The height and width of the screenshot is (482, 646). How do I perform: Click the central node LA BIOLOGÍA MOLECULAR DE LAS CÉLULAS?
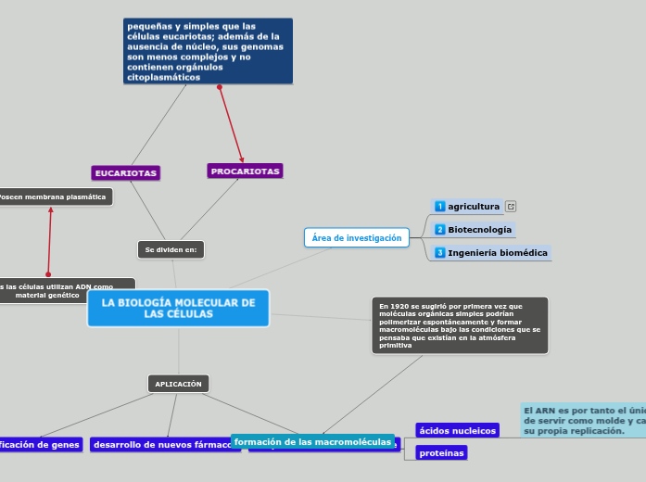(x=178, y=309)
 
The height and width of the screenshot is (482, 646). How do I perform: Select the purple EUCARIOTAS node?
(x=126, y=173)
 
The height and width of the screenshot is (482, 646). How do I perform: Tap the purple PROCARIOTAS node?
(x=245, y=171)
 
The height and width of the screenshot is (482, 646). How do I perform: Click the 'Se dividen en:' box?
(x=171, y=249)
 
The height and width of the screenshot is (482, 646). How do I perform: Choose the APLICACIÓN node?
(x=178, y=384)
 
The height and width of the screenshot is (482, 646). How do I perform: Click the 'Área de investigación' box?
(x=357, y=238)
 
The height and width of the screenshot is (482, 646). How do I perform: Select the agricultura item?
(x=474, y=206)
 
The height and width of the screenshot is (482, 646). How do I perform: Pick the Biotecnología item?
(x=479, y=229)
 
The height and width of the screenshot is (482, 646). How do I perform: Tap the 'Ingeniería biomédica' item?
(x=497, y=252)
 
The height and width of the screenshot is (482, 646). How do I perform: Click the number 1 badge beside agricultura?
(x=440, y=206)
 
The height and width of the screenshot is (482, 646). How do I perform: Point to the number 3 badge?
(x=440, y=252)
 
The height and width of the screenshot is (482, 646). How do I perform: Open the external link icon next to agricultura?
(x=511, y=207)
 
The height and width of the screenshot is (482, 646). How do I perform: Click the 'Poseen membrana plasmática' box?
(x=54, y=197)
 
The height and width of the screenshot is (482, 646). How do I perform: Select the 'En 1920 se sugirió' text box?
(x=460, y=325)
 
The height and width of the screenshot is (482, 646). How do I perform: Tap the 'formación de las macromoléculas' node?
(x=312, y=442)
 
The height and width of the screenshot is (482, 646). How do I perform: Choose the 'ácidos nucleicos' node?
(x=457, y=430)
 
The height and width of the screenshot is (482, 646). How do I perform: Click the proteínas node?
(x=441, y=453)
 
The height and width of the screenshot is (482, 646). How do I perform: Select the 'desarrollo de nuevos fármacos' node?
(x=165, y=445)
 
